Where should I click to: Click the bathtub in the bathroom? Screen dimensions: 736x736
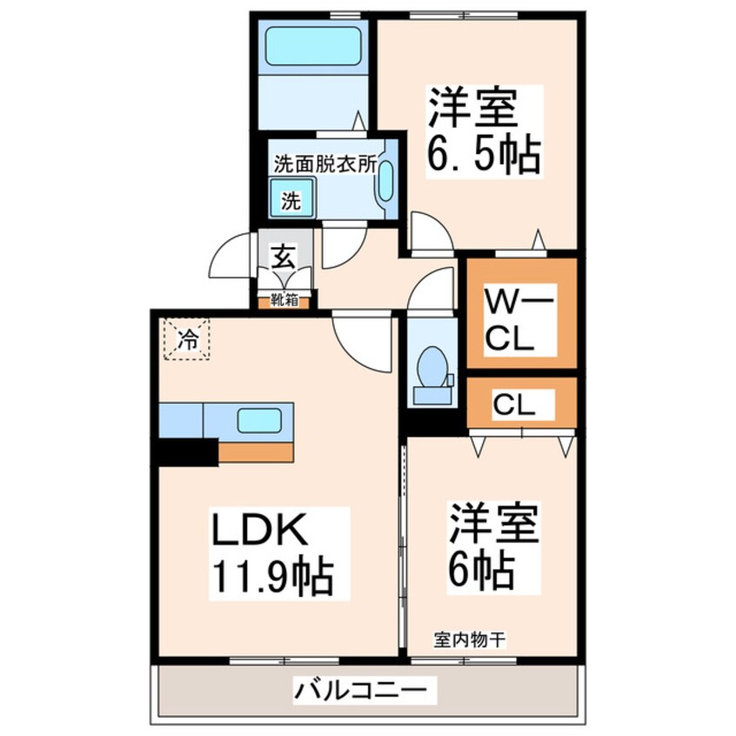point(313,46)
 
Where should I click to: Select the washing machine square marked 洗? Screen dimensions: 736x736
point(291,201)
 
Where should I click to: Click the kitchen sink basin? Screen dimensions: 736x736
point(259,421)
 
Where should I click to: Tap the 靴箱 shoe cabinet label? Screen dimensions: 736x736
point(284,301)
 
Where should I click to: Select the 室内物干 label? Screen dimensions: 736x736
point(470,639)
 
